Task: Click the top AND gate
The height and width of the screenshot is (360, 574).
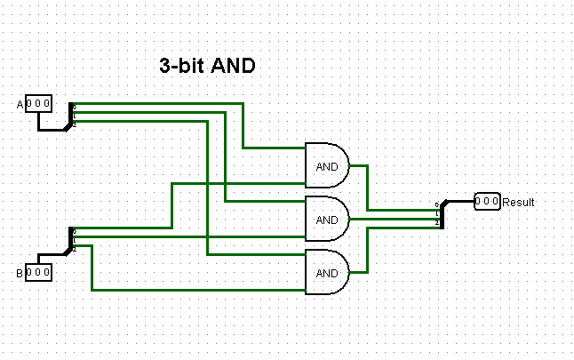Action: (x=327, y=164)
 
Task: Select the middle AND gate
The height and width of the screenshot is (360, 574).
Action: (x=327, y=219)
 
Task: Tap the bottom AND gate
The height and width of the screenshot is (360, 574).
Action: (x=327, y=272)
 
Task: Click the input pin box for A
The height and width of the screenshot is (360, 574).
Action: (x=38, y=104)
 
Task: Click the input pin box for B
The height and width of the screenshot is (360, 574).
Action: (x=38, y=271)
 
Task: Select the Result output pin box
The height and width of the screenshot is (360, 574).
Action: (x=487, y=201)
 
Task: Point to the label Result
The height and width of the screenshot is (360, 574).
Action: (x=519, y=202)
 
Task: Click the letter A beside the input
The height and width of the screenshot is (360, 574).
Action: (x=20, y=105)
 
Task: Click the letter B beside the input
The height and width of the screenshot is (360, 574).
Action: (x=20, y=272)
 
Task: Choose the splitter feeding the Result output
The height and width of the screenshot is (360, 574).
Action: (x=441, y=213)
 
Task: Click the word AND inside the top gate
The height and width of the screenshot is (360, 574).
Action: (x=327, y=165)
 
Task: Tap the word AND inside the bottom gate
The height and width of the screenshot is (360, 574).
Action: (x=327, y=273)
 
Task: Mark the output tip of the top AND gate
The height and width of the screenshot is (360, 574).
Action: (x=349, y=164)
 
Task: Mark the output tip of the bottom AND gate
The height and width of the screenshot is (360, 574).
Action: (x=349, y=272)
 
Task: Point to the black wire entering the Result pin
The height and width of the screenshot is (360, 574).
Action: (x=460, y=201)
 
